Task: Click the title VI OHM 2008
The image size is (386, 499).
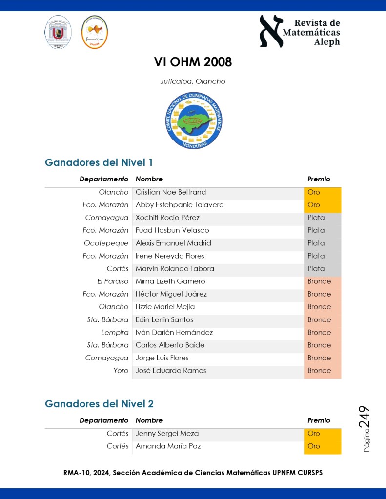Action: tap(193, 62)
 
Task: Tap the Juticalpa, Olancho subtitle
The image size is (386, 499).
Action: tap(193, 81)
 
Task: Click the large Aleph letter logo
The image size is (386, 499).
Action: tap(271, 31)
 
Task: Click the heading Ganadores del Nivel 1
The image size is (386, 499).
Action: tap(99, 162)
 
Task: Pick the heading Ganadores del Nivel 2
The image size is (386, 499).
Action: tap(99, 404)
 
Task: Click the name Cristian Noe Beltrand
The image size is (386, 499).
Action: tap(171, 192)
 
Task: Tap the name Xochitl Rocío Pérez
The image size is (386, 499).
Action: tap(167, 218)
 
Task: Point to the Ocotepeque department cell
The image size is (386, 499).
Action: tap(106, 243)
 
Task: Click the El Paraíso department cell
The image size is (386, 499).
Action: tap(113, 281)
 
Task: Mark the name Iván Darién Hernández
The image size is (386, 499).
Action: tap(174, 332)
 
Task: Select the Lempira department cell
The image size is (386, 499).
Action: tap(115, 332)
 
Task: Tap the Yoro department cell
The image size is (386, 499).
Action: tap(121, 371)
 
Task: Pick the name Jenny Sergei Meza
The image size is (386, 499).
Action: tap(167, 433)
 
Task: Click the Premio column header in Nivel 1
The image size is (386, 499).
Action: tap(319, 179)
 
